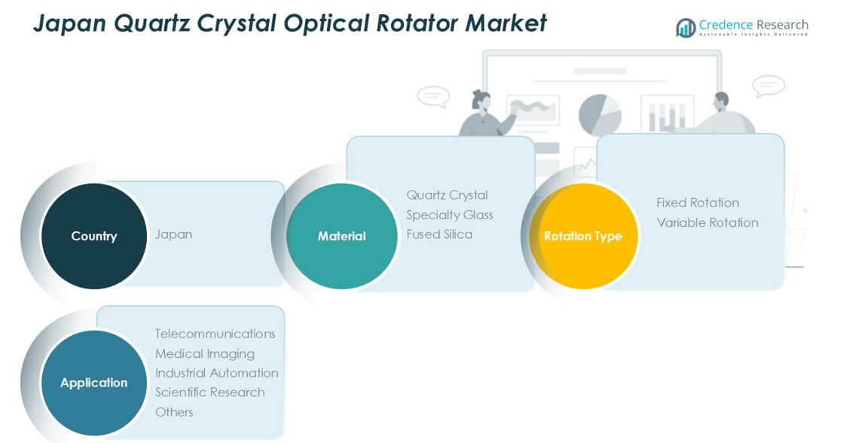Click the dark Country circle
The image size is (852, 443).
pos(94,236)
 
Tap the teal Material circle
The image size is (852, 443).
pos(342,236)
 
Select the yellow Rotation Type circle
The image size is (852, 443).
pos(583,236)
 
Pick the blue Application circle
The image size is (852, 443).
pos(94,383)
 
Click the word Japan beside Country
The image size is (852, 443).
pos(173,234)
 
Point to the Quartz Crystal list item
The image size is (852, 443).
pos(447,195)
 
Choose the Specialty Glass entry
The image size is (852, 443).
pos(449,215)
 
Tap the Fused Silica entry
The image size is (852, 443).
pos(439,234)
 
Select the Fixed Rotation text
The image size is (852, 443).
pos(698,203)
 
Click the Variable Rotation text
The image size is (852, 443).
pos(707,222)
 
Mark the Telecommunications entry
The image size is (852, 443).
pos(215,334)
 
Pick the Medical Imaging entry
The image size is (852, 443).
pos(204,353)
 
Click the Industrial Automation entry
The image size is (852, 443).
pos(216,373)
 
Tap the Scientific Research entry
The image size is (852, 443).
pos(209,393)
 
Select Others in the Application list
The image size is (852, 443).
pos(174,412)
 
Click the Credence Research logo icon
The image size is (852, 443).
pos(686,28)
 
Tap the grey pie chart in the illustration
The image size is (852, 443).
pos(600,115)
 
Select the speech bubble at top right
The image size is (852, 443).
pos(768,85)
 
